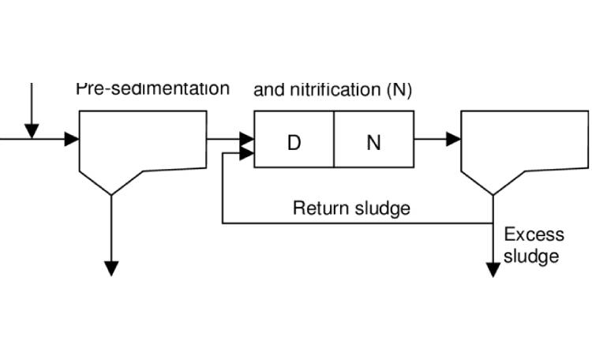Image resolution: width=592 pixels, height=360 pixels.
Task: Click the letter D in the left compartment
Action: click(x=294, y=144)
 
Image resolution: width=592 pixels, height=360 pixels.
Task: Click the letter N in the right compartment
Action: click(x=374, y=144)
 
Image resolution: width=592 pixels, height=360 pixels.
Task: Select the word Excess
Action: click(x=534, y=234)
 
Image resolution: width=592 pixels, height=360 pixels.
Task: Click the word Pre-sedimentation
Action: click(x=153, y=88)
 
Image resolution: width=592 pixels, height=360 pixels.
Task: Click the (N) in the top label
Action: click(x=399, y=90)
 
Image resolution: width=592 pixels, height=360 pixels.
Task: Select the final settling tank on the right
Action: click(x=524, y=146)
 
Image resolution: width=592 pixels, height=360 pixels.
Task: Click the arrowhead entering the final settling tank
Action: click(x=453, y=140)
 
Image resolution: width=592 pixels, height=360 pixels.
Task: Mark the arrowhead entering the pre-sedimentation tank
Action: click(x=72, y=140)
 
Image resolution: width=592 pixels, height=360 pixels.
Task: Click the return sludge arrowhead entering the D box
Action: click(x=246, y=153)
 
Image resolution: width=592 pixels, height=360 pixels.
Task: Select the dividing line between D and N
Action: click(x=334, y=140)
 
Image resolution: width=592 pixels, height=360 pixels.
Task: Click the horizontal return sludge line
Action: click(x=355, y=223)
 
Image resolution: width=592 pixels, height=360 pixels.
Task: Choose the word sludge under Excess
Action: click(x=531, y=256)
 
